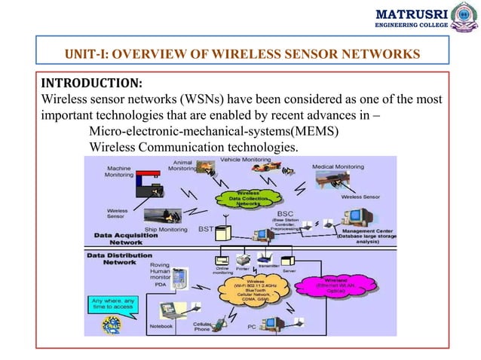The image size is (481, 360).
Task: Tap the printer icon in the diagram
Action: click(243, 258)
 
